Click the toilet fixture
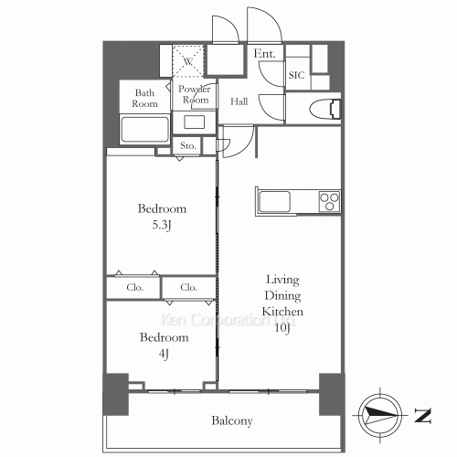point(325,109)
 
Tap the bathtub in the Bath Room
point(144,130)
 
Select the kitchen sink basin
point(274,201)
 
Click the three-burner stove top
point(329,201)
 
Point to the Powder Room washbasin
point(195,122)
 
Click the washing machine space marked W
point(188,61)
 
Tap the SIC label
point(296,75)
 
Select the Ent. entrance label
point(264,54)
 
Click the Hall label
point(239,101)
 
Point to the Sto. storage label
point(187,145)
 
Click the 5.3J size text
point(162,226)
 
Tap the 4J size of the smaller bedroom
point(164,354)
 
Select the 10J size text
point(282,328)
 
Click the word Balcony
point(232,421)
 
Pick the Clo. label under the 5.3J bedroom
point(134,287)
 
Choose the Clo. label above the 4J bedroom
point(188,287)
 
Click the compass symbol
point(380,415)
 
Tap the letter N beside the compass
point(422,415)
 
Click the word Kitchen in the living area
point(282,312)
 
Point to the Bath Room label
point(144,98)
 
